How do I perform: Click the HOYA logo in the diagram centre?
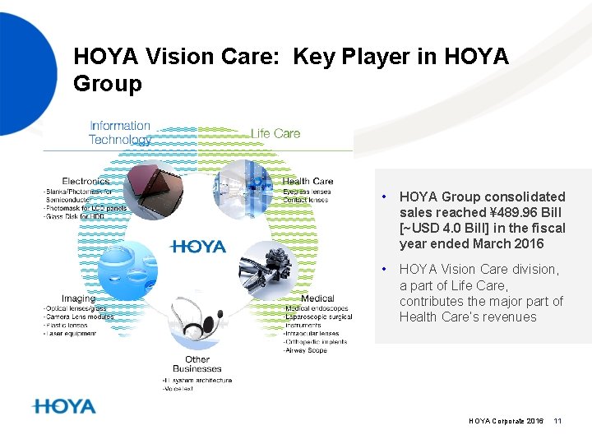[197, 246]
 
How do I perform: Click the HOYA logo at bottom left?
[65, 407]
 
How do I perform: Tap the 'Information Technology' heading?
[120, 132]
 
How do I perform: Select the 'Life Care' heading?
[275, 133]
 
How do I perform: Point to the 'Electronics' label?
[86, 181]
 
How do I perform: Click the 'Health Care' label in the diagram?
[308, 181]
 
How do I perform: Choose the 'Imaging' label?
[78, 298]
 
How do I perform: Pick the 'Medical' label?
[317, 298]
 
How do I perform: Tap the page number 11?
[557, 421]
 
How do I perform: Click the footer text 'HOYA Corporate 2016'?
[506, 421]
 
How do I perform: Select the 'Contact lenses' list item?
[305, 200]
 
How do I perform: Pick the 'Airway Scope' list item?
[305, 350]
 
